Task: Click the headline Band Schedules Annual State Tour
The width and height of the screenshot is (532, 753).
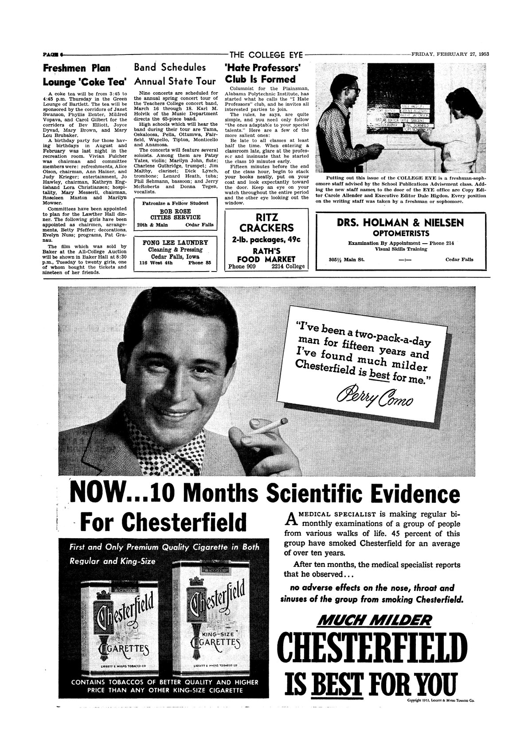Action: pyautogui.click(x=175, y=74)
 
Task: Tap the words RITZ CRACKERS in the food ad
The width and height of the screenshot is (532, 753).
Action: pyautogui.click(x=266, y=223)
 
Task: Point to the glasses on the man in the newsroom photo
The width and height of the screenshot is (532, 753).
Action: pyautogui.click(x=353, y=89)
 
